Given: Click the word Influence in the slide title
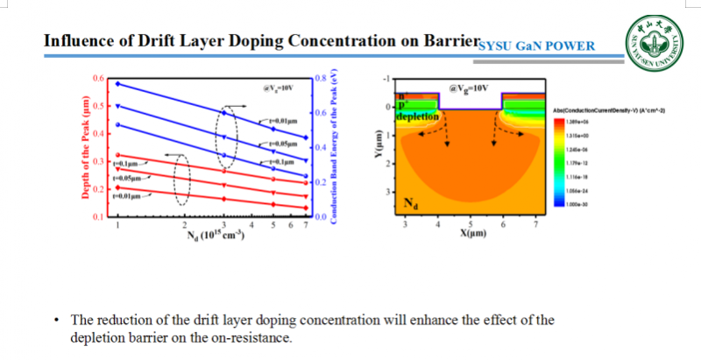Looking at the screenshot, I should click(79, 40).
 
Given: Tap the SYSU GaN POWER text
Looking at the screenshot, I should click(537, 46).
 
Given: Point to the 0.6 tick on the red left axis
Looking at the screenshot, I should click(96, 78).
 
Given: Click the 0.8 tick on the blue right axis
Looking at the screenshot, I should click(321, 79).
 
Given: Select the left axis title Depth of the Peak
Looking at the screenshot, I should click(85, 147).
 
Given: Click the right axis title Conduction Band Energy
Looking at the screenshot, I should click(336, 147).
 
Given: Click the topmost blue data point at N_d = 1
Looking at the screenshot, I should click(117, 84).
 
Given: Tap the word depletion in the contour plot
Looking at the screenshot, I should click(416, 116).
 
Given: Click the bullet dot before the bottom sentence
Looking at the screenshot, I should click(58, 321).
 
